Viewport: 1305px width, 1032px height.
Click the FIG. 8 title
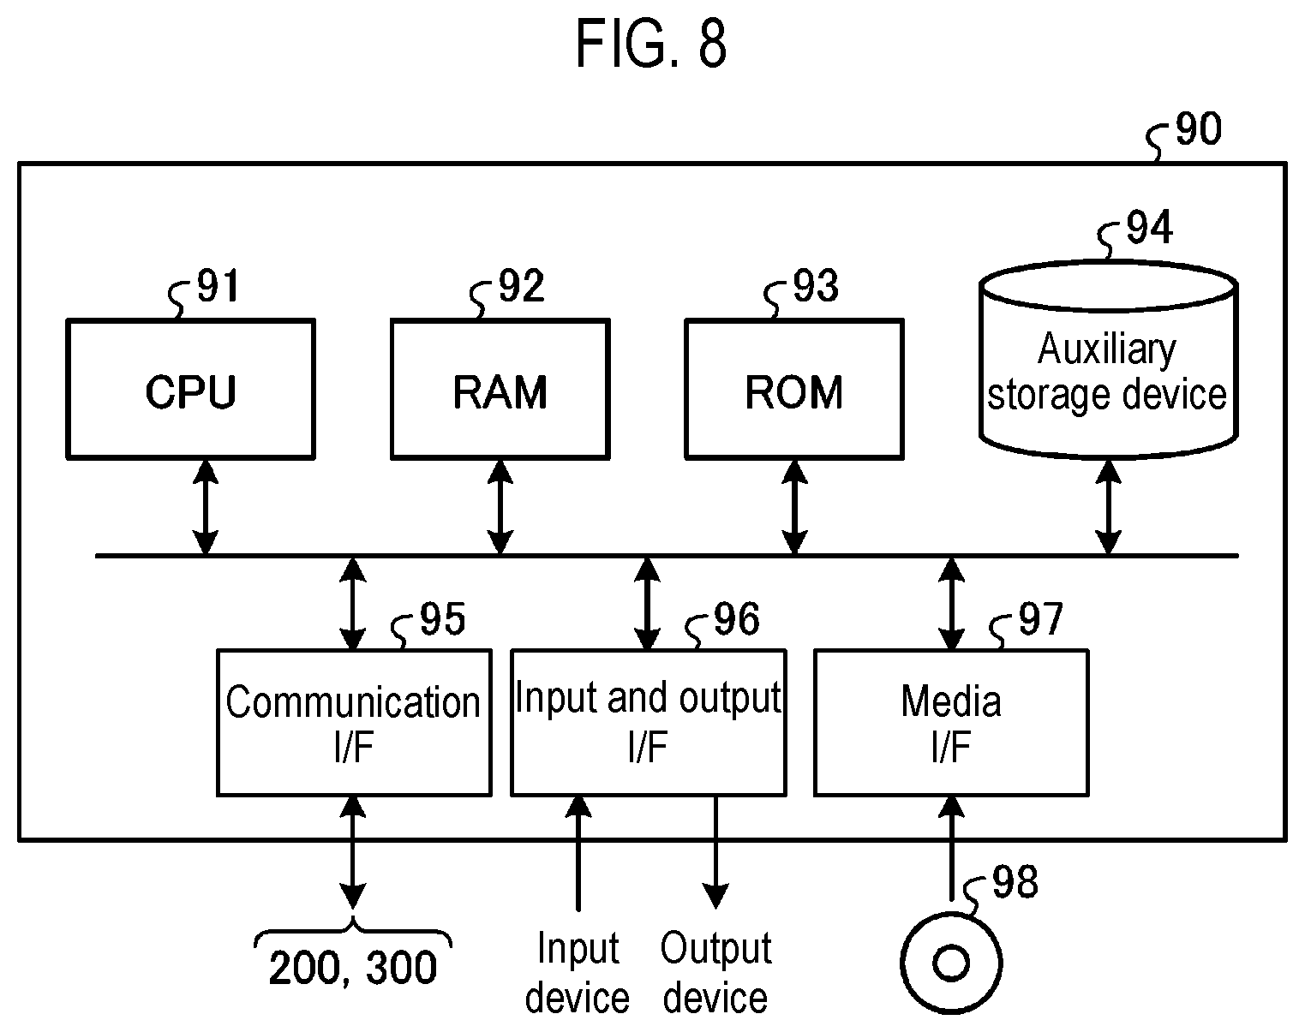650,44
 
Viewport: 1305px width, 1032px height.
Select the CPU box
190,389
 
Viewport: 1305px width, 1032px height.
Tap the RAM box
500,389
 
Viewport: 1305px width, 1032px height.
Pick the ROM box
794,389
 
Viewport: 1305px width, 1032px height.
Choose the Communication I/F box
354,723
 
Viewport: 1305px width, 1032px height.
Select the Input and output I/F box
649,723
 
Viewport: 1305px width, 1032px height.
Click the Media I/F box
951,723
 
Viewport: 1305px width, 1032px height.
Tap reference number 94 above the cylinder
1149,227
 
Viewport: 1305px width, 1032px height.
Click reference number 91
218,285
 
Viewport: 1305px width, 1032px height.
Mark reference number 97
1040,619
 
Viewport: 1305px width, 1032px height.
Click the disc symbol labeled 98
951,963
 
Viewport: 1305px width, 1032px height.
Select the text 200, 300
353,968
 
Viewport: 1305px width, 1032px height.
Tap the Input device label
578,973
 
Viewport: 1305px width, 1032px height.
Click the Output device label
715,973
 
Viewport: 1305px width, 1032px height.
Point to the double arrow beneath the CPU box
206,507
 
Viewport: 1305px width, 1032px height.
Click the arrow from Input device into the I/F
578,853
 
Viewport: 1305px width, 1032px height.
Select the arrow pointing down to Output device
715,852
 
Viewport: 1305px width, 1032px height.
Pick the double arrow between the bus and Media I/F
951,603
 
